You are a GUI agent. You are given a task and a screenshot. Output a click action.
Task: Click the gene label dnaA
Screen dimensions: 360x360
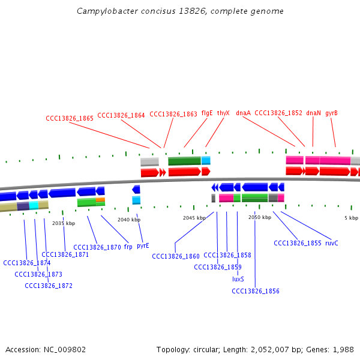pyautogui.click(x=243, y=113)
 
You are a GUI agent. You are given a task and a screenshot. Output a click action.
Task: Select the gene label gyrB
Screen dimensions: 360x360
pyautogui.click(x=331, y=113)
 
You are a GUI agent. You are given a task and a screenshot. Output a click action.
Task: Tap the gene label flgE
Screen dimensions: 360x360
pyautogui.click(x=207, y=113)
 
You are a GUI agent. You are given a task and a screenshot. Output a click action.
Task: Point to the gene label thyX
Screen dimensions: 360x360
pyautogui.click(x=223, y=113)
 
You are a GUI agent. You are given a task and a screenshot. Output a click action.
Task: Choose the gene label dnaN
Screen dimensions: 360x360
pyautogui.click(x=313, y=113)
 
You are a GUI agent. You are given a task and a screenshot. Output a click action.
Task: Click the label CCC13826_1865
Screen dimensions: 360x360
pyautogui.click(x=70, y=119)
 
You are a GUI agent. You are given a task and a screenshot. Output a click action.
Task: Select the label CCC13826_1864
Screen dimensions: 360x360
pyautogui.click(x=121, y=115)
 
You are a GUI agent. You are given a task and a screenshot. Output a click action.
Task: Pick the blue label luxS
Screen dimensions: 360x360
pyautogui.click(x=238, y=279)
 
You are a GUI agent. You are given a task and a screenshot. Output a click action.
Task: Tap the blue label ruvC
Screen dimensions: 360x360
pyautogui.click(x=332, y=243)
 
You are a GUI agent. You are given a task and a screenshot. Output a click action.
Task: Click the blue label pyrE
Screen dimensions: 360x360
pyautogui.click(x=143, y=245)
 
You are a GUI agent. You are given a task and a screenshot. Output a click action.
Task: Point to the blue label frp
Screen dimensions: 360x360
pyautogui.click(x=128, y=247)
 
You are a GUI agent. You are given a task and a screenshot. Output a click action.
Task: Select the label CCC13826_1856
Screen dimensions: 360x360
pyautogui.click(x=256, y=292)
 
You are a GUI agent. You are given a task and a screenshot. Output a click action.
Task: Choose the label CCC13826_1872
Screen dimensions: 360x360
pyautogui.click(x=49, y=286)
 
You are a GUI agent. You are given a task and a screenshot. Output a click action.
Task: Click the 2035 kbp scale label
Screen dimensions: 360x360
pyautogui.click(x=64, y=223)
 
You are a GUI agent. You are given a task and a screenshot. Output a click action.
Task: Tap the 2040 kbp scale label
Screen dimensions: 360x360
pyautogui.click(x=129, y=220)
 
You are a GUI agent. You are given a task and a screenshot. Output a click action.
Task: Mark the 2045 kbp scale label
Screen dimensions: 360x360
pyautogui.click(x=194, y=218)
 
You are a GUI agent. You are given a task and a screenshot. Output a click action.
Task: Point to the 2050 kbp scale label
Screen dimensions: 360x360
pyautogui.click(x=260, y=217)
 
